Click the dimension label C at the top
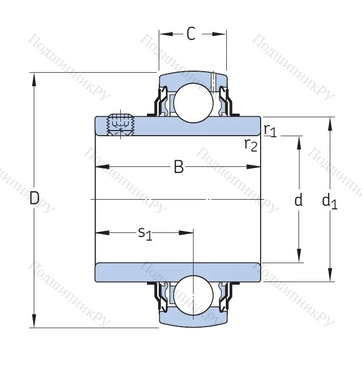pyautogui.click(x=190, y=34)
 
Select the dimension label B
pyautogui.click(x=178, y=167)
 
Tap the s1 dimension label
pyautogui.click(x=145, y=233)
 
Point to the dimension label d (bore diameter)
pyautogui.click(x=299, y=200)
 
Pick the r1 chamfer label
pyautogui.click(x=270, y=130)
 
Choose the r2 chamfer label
pyautogui.click(x=250, y=145)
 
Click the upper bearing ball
pyautogui.click(x=193, y=101)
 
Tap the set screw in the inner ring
pyautogui.click(x=119, y=124)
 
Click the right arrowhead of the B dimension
pyautogui.click(x=254, y=167)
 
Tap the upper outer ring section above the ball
pyautogui.click(x=193, y=78)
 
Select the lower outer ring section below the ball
pyautogui.click(x=193, y=320)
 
